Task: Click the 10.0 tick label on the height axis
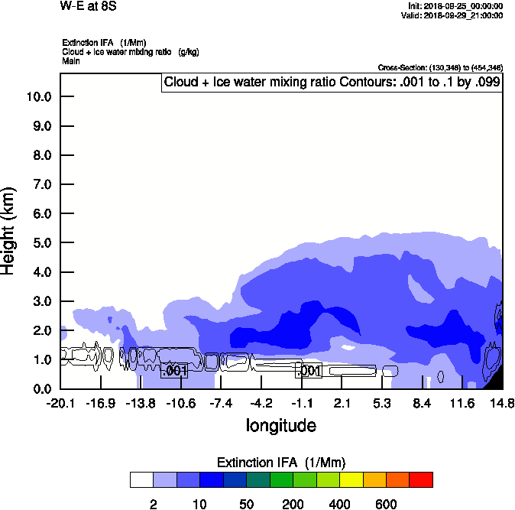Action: click(x=37, y=97)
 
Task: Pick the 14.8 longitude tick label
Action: click(x=501, y=403)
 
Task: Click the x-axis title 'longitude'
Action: click(x=280, y=425)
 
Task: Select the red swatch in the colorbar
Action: click(x=420, y=480)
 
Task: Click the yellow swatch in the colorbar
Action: click(x=351, y=480)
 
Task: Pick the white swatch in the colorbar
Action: click(x=141, y=480)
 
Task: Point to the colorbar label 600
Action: click(x=386, y=504)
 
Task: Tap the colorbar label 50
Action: click(x=246, y=504)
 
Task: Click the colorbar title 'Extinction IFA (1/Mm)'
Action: click(x=280, y=463)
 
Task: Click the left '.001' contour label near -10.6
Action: click(x=174, y=371)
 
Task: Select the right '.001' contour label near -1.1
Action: click(x=308, y=371)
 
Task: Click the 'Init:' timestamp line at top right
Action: click(x=455, y=6)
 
